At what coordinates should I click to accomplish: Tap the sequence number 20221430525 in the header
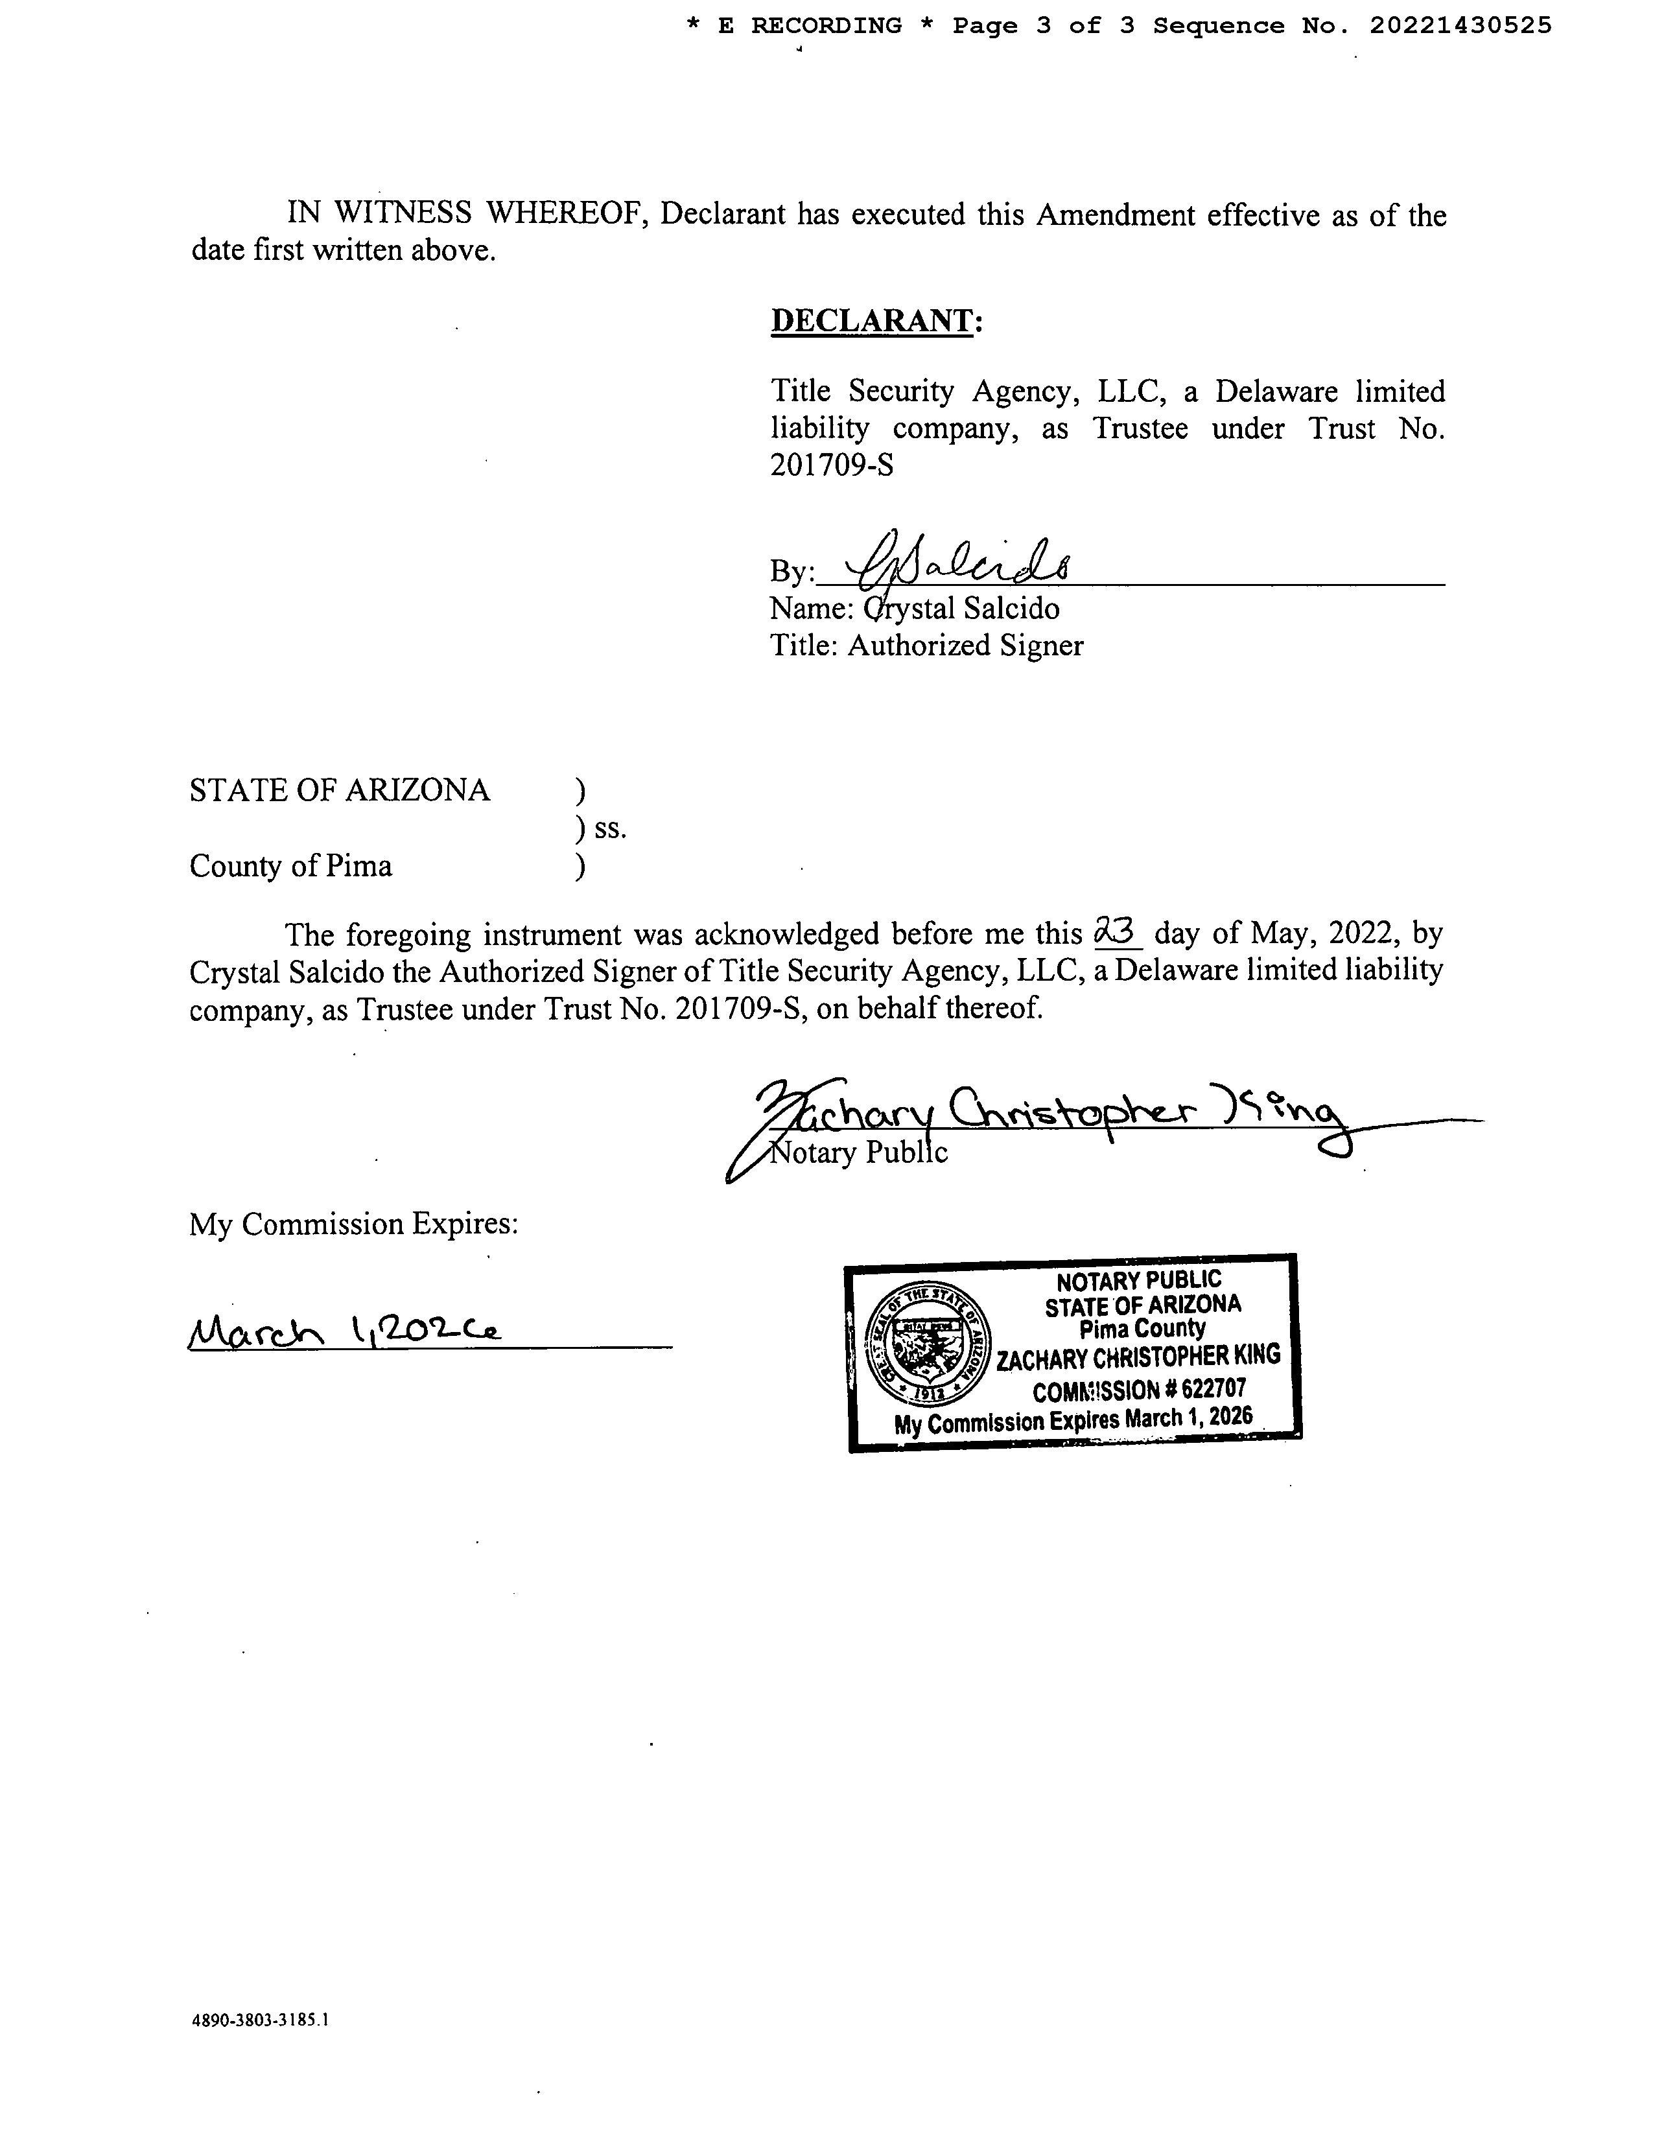[1460, 27]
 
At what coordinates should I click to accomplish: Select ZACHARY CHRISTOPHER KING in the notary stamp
[1138, 1357]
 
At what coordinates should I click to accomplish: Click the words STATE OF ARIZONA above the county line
[339, 790]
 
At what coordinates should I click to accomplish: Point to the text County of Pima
[291, 866]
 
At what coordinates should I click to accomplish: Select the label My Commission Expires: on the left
[353, 1224]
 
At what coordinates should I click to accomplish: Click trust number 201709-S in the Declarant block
[832, 465]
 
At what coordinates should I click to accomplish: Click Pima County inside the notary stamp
[1142, 1329]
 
